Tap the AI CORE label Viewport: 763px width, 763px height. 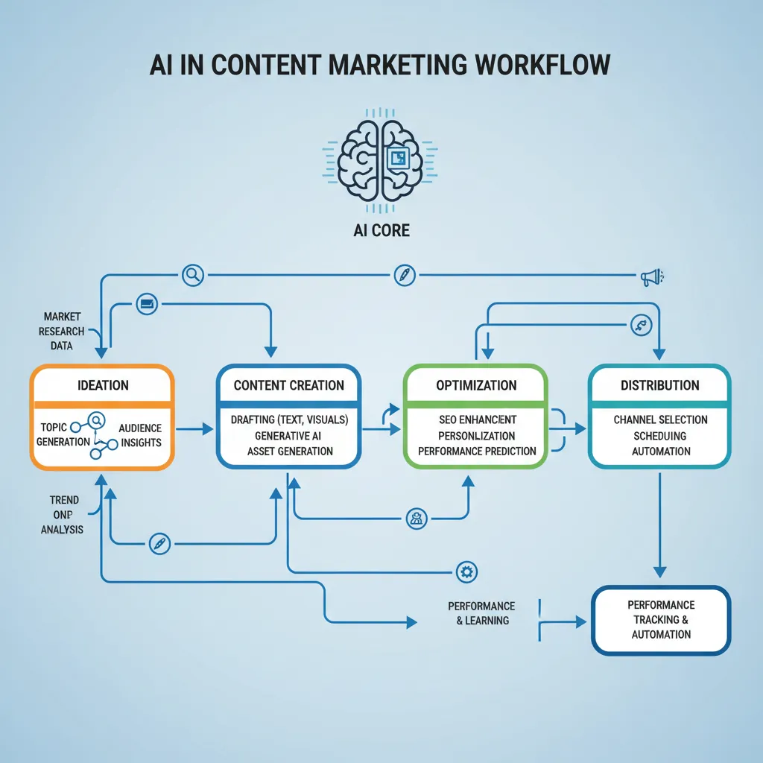381,230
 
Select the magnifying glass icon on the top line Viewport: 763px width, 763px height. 193,275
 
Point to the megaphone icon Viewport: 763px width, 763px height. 650,277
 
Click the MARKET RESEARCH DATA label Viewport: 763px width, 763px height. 63,331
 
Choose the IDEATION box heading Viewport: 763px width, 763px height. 103,385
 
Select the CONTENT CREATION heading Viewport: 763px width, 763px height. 289,385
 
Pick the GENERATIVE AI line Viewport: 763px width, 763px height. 289,436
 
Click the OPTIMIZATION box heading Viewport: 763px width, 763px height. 476,385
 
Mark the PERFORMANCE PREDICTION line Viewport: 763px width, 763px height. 477,451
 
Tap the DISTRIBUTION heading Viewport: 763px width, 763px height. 660,385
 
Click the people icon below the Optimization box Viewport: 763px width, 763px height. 417,519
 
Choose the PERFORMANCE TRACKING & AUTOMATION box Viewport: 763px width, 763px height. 661,620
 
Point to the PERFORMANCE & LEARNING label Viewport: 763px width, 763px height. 481,613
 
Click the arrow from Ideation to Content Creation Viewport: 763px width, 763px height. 194,428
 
